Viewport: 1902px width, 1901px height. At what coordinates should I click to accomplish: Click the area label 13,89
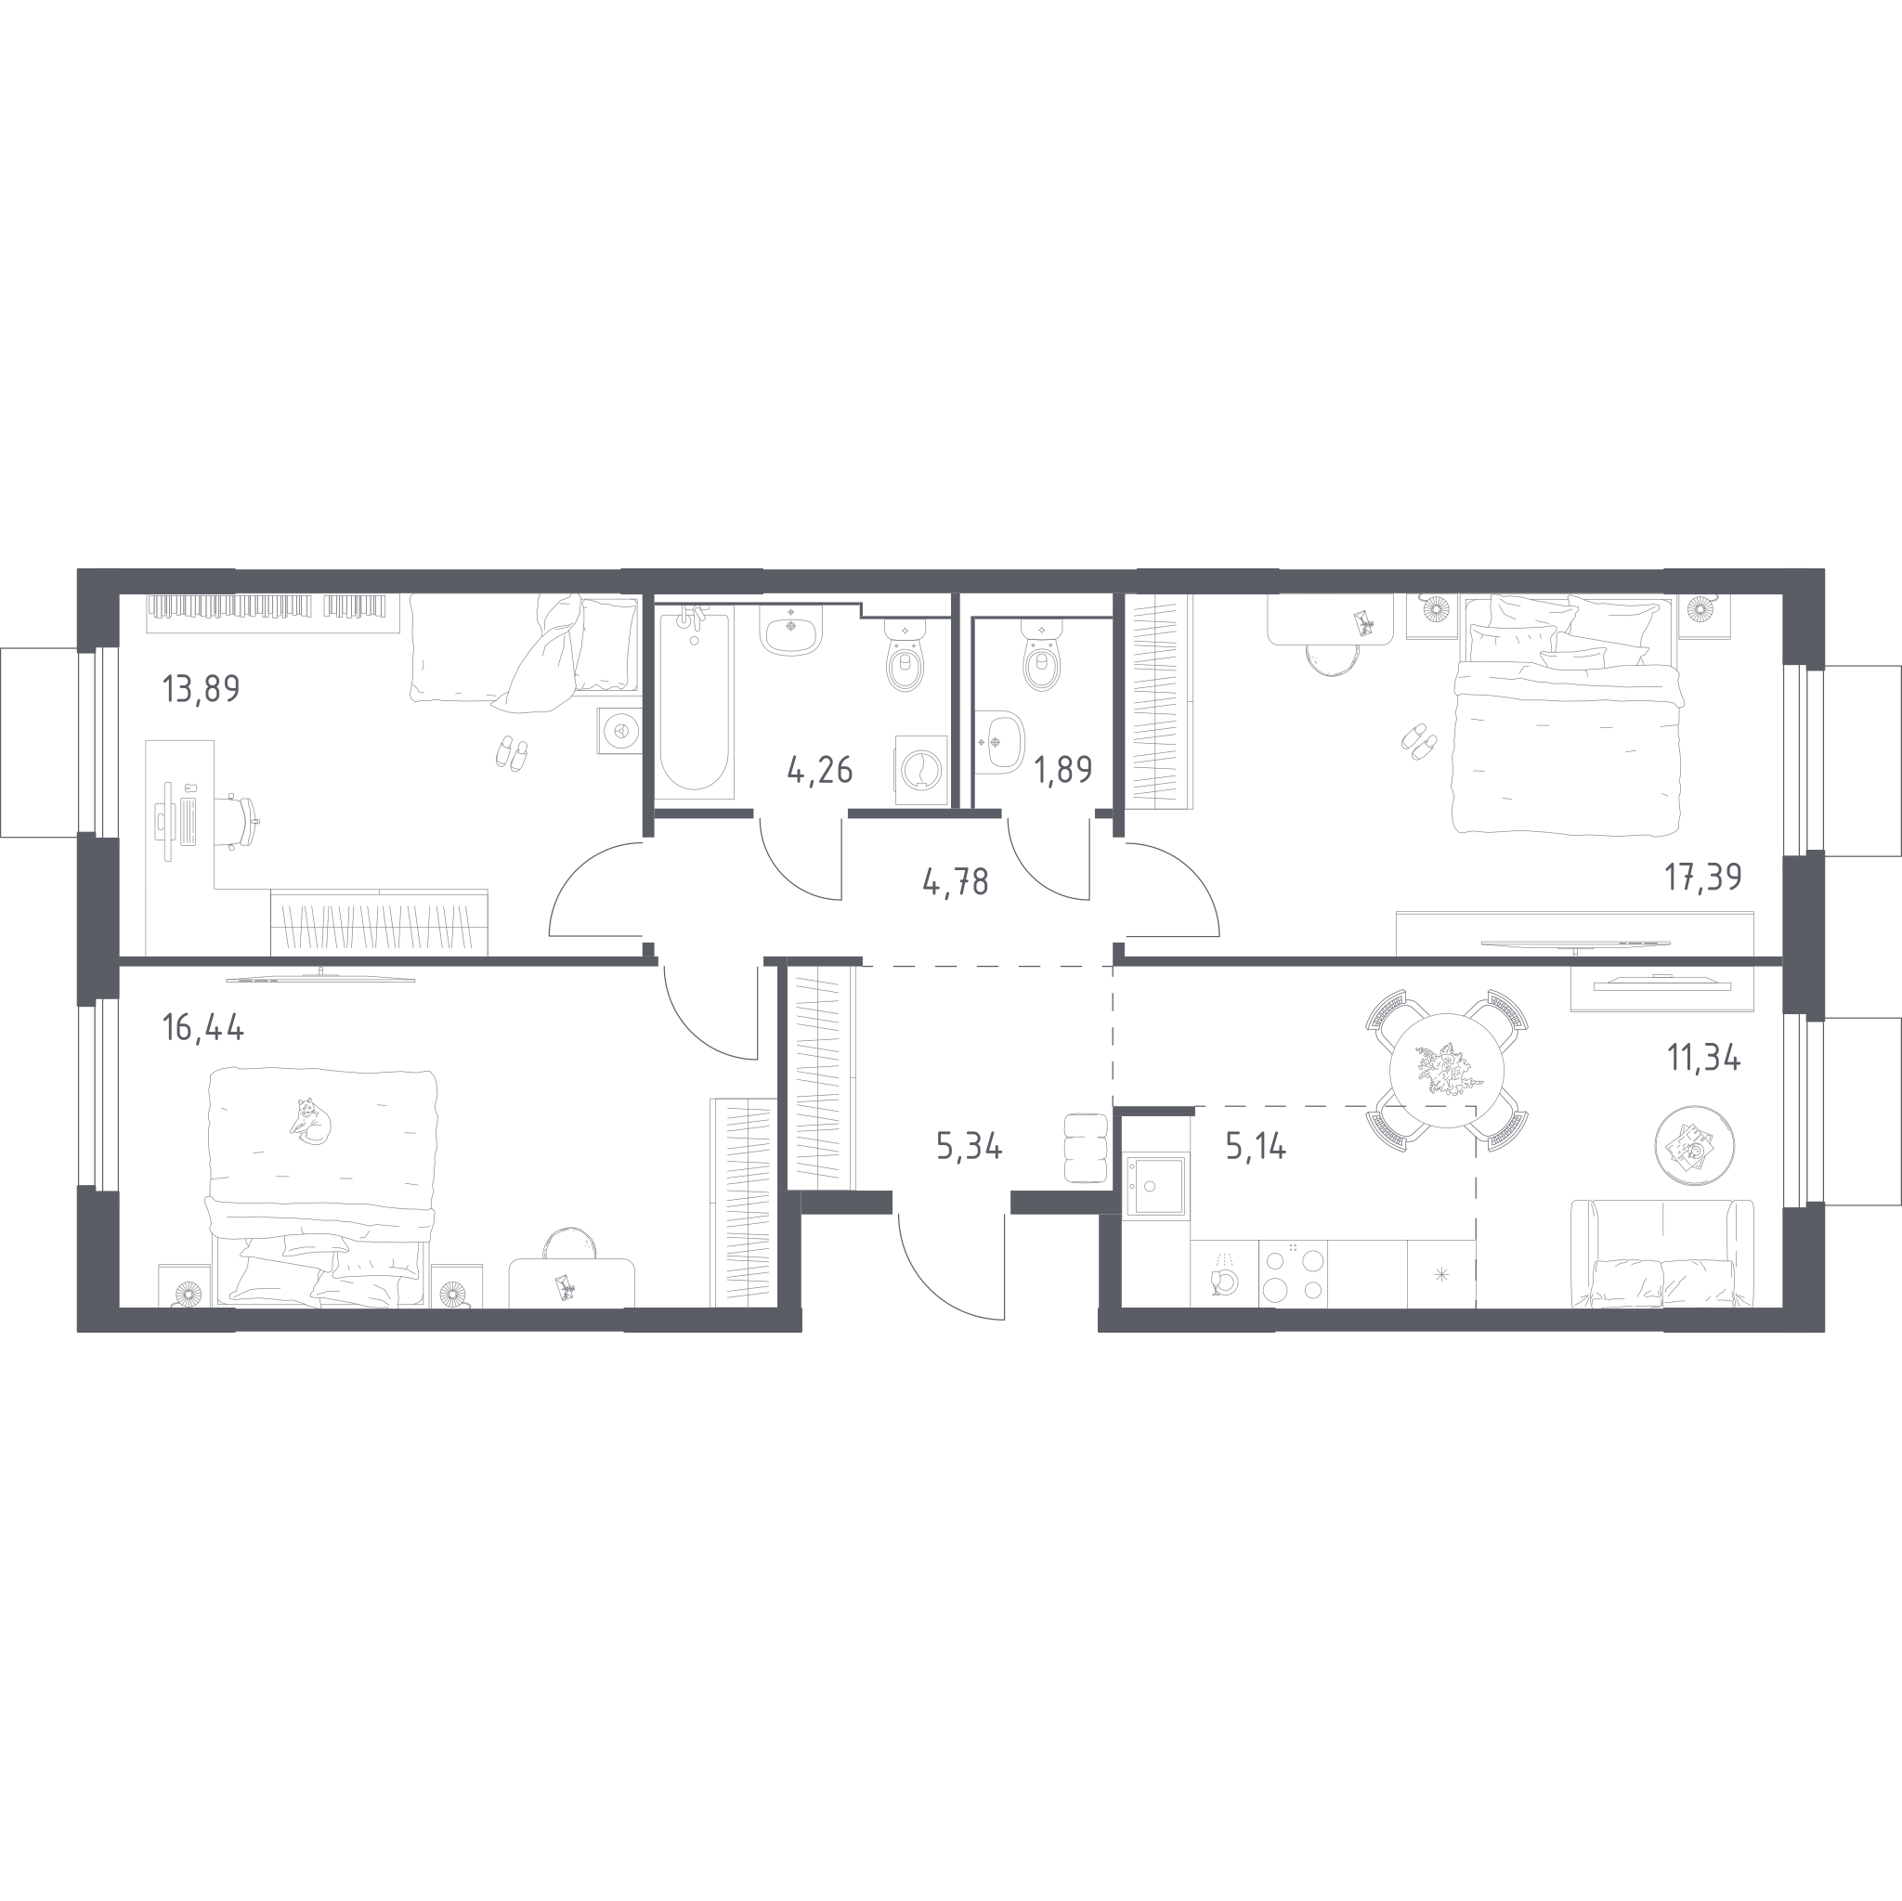(201, 689)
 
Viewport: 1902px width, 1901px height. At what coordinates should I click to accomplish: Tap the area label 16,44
(202, 1028)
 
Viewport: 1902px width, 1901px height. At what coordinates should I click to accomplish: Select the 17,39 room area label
(1703, 876)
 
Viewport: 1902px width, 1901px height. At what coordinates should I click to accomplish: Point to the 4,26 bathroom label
(820, 770)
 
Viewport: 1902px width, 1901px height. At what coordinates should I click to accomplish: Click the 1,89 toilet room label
(1063, 770)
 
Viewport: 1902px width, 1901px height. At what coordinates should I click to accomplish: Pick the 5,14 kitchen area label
(1257, 1147)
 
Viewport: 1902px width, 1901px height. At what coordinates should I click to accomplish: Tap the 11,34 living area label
(1704, 1059)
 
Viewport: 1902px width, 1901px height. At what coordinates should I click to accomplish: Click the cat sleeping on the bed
(311, 1120)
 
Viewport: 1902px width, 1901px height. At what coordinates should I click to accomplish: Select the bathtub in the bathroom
(694, 703)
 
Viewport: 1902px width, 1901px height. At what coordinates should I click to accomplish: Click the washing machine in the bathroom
(921, 771)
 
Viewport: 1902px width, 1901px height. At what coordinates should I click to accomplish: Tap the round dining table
(1446, 1070)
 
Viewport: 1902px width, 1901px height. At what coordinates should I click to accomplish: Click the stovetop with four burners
(1293, 1274)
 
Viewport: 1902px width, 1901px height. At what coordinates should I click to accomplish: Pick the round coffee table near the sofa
(1694, 1146)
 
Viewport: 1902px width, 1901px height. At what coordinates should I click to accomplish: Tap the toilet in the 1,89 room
(1042, 657)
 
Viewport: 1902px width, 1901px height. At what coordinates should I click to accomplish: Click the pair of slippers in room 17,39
(1419, 741)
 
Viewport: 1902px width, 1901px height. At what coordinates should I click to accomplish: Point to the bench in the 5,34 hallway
(1087, 1148)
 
